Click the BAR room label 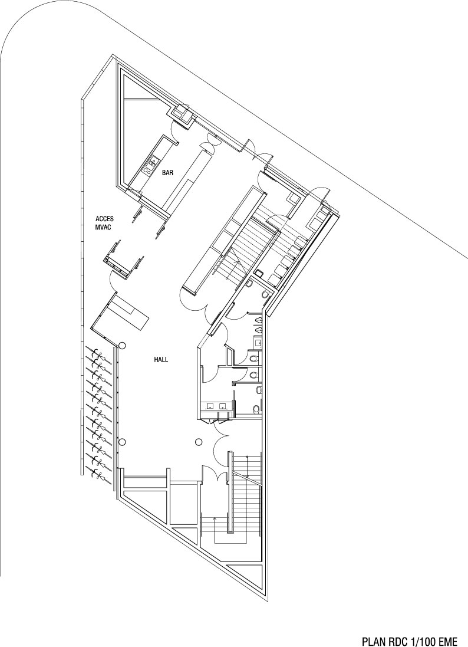tap(167, 173)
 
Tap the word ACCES tap(104, 218)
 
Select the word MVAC tap(104, 226)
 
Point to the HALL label tap(162, 359)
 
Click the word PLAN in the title tap(373, 640)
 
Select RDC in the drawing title tap(397, 640)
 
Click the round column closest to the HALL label tap(123, 346)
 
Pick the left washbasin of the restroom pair tap(210, 406)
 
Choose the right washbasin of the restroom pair tap(223, 406)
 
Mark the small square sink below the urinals tap(258, 340)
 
